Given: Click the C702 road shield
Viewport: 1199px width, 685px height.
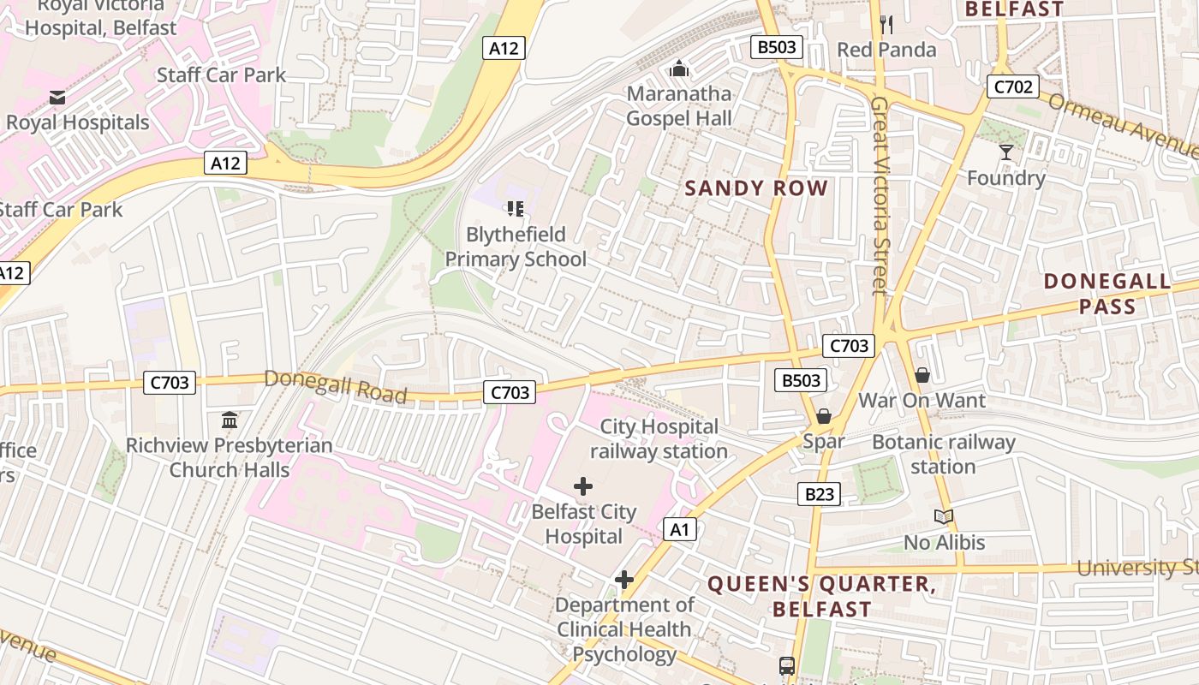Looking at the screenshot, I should pos(1013,86).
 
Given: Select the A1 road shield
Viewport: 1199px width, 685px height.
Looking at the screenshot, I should pos(679,530).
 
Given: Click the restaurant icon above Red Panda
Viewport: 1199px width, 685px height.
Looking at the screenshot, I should pos(886,24).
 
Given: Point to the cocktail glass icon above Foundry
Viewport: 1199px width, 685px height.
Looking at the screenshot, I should pos(1005,152).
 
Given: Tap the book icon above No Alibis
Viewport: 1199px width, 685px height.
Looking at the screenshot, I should pos(944,516).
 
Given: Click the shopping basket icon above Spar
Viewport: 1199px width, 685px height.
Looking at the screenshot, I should pos(824,416).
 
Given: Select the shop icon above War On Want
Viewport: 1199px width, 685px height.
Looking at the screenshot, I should pos(922,375).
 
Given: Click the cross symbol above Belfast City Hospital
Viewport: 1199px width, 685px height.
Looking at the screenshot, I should pos(583,486).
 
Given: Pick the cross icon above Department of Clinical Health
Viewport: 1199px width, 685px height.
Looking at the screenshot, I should pos(624,580).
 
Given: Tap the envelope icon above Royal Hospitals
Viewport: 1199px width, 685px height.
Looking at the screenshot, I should pos(57,98).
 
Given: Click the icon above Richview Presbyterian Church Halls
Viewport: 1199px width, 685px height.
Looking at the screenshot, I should pos(230,420).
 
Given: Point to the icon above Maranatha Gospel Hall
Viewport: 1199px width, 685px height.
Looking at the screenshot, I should pos(679,68).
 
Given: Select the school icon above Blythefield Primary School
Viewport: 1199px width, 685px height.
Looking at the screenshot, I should pos(516,208).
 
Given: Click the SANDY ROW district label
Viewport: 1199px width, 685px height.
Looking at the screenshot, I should pos(756,188).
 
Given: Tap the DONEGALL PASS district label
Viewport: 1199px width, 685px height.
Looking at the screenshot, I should pos(1107,294).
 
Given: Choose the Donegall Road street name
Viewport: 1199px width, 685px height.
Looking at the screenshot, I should pos(335,386).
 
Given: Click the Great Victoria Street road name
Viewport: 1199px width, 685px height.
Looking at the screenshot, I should pos(879,195).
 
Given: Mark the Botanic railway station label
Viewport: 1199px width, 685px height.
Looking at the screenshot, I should pos(943,455).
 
